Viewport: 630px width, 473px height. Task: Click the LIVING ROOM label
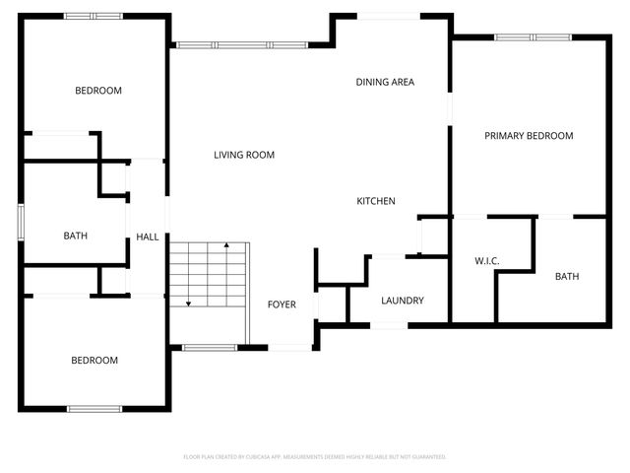pos(244,155)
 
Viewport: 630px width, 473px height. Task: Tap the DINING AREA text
pos(385,82)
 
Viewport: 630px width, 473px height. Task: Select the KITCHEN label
pos(375,201)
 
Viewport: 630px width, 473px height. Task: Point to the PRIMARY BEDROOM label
pos(528,136)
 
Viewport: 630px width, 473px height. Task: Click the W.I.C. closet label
pos(487,261)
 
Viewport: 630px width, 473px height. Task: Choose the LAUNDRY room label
pos(402,301)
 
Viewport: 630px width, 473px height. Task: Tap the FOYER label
pos(282,304)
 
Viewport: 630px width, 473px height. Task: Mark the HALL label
pos(147,236)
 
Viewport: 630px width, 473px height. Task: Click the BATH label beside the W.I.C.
pos(567,277)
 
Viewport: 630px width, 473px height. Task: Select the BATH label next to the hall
pos(76,236)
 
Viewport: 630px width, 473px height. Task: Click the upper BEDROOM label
pos(98,91)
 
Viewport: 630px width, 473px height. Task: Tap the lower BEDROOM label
pos(94,361)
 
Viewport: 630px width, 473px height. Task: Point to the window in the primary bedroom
pos(532,37)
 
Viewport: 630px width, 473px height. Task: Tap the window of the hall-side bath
pos(21,221)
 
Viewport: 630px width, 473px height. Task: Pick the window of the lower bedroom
pos(94,408)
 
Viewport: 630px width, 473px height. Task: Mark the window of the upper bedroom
pos(94,16)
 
